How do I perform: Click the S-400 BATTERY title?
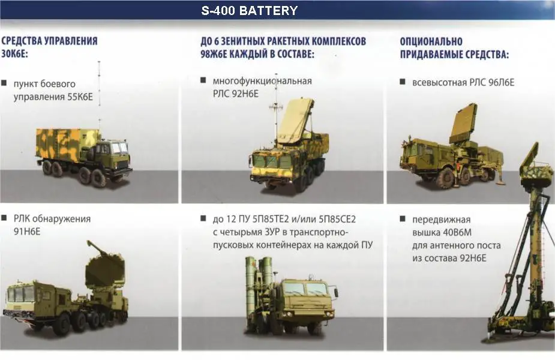[x=250, y=11]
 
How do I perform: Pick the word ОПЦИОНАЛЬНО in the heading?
[x=431, y=41]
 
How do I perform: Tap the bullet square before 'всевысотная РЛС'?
[x=404, y=82]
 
